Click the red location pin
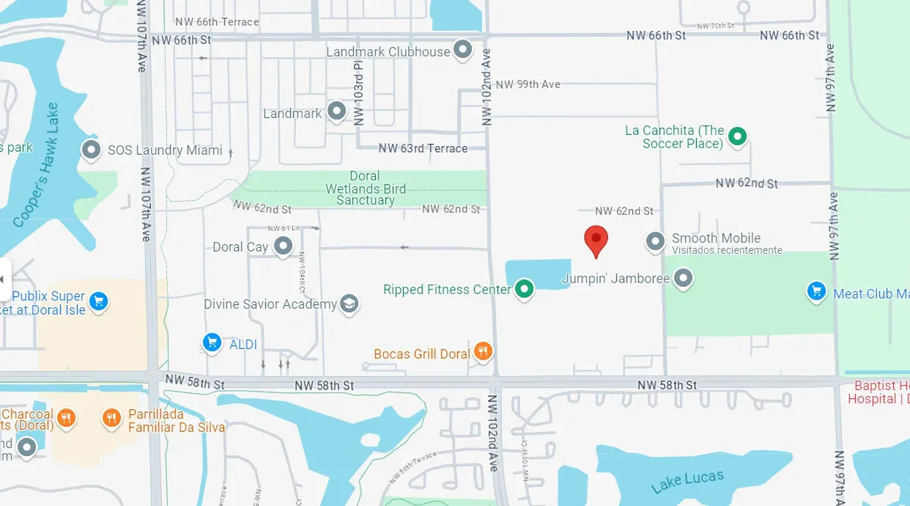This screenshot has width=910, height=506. (596, 239)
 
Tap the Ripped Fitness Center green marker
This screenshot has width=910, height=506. (524, 289)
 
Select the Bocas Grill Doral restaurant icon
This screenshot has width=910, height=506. (482, 352)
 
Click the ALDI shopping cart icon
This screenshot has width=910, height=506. (212, 342)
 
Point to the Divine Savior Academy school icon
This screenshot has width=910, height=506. (349, 304)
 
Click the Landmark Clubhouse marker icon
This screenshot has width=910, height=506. (462, 51)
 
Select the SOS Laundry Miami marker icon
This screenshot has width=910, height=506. (91, 150)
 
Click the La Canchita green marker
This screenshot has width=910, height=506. (738, 136)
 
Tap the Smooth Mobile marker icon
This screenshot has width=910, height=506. (655, 240)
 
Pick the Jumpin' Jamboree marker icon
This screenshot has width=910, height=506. (683, 278)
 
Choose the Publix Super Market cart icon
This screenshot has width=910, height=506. (99, 301)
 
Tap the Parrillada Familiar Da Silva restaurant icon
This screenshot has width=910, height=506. (111, 418)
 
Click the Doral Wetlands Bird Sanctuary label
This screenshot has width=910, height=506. (365, 188)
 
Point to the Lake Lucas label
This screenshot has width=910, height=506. (687, 481)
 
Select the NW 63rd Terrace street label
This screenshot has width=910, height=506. (423, 148)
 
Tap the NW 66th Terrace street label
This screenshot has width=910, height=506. (217, 22)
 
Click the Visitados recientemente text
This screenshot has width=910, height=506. (727, 250)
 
